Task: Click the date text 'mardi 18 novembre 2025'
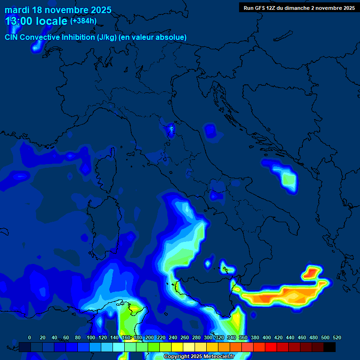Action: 58,10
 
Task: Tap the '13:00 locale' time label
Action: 36,21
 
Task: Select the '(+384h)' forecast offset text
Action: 83,21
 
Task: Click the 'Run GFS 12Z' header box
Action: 299,8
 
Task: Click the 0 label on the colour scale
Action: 30,338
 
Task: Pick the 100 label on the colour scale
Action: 90,338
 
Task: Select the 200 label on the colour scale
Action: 150,338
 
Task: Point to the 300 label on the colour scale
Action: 208,338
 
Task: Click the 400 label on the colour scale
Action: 267,338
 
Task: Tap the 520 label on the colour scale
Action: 337,338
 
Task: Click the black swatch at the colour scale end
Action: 330,347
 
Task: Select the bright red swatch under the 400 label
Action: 271,347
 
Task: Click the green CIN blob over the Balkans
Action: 288,179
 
